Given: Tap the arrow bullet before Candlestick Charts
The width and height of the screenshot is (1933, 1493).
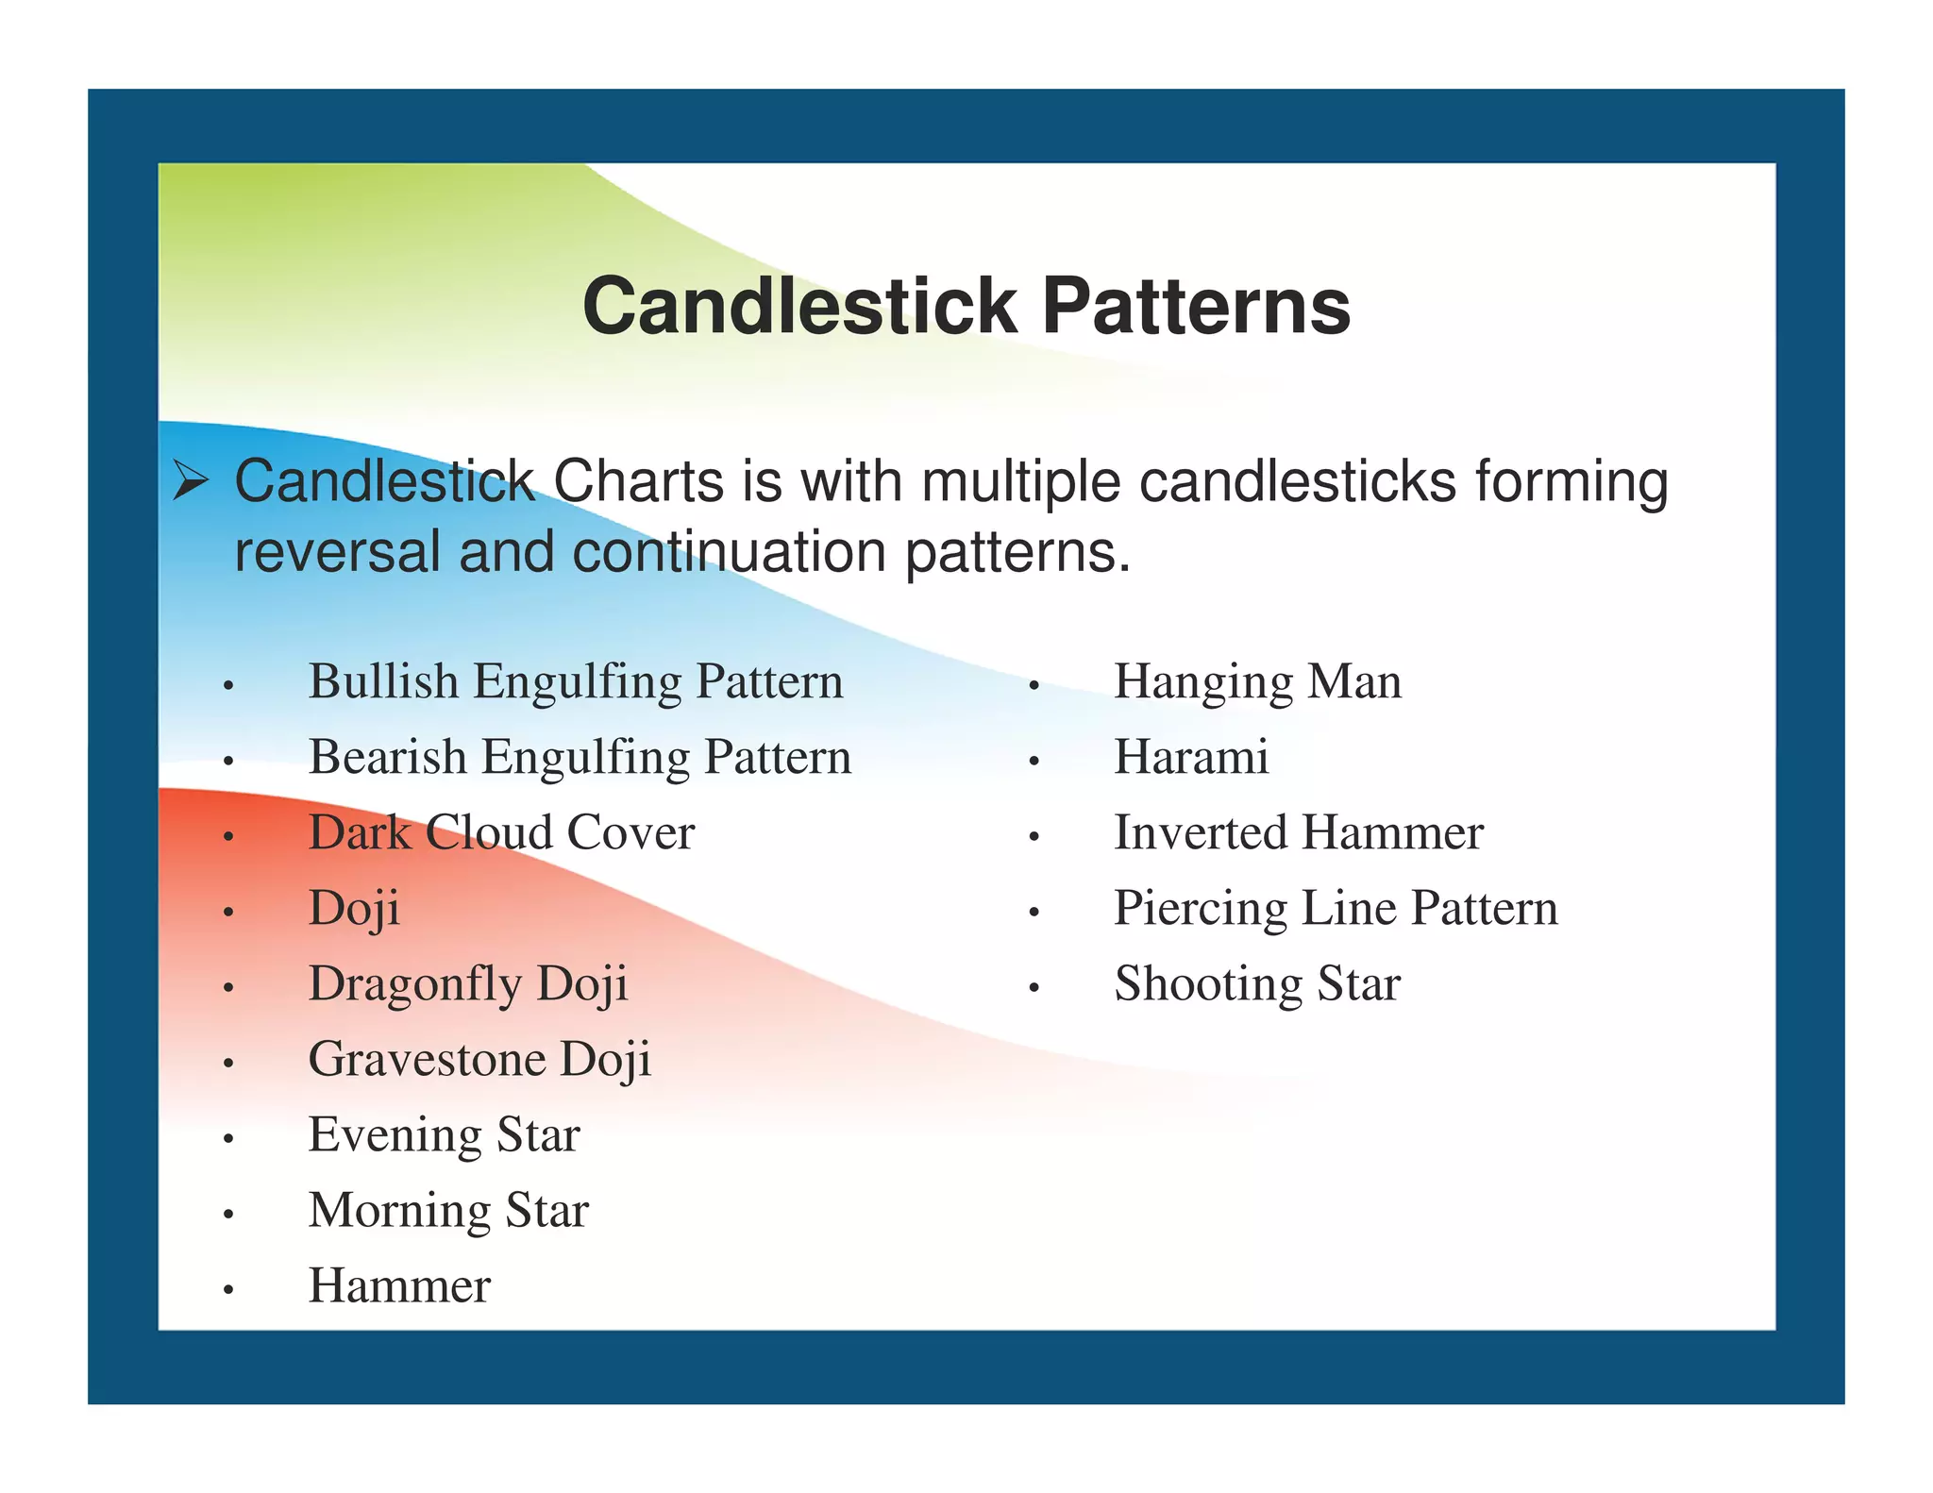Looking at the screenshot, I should [191, 483].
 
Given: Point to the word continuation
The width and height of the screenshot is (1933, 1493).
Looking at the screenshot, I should [729, 552].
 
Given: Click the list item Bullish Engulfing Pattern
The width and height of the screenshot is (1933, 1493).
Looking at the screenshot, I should [576, 682].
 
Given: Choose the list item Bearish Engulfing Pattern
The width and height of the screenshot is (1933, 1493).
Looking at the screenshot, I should [580, 758].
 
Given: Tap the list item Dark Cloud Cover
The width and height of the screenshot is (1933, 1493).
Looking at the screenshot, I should [501, 833].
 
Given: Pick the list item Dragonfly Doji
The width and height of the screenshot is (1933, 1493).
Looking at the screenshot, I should [468, 984].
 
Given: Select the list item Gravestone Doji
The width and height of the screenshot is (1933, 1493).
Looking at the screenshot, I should [479, 1060].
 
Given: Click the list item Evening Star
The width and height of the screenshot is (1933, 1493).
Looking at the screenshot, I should [444, 1135].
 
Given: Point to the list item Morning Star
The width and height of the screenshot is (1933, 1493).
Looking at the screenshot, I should [448, 1211].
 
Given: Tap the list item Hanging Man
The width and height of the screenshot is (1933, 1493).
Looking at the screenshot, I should [1257, 682].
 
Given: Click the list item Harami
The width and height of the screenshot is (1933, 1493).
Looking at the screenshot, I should [1191, 758].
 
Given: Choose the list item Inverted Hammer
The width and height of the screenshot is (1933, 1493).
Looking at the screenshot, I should [1299, 833].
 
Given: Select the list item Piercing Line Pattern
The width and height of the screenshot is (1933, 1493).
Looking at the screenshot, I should [1336, 909].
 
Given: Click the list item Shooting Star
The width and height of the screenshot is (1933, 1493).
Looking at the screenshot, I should [1257, 984].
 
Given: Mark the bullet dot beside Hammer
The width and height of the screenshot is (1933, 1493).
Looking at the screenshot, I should [227, 1289].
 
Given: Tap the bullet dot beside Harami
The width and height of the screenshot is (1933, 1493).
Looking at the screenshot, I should [1034, 761].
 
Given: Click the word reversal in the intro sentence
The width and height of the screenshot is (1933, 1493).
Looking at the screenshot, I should [337, 552].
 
